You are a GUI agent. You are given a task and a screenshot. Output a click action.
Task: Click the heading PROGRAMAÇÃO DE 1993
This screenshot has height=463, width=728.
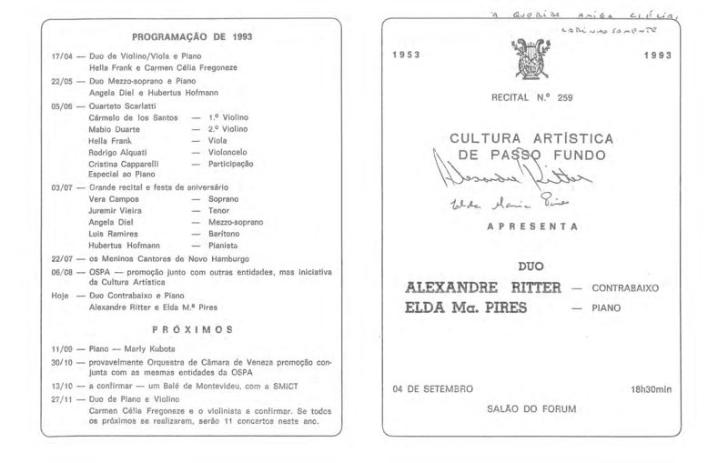(x=192, y=37)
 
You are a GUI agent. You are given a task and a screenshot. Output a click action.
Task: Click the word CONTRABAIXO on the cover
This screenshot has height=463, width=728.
(x=624, y=288)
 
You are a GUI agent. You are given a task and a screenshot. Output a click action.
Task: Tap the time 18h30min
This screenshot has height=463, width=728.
(x=651, y=389)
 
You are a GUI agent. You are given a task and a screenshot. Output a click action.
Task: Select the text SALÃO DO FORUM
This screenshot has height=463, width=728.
(x=532, y=408)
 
